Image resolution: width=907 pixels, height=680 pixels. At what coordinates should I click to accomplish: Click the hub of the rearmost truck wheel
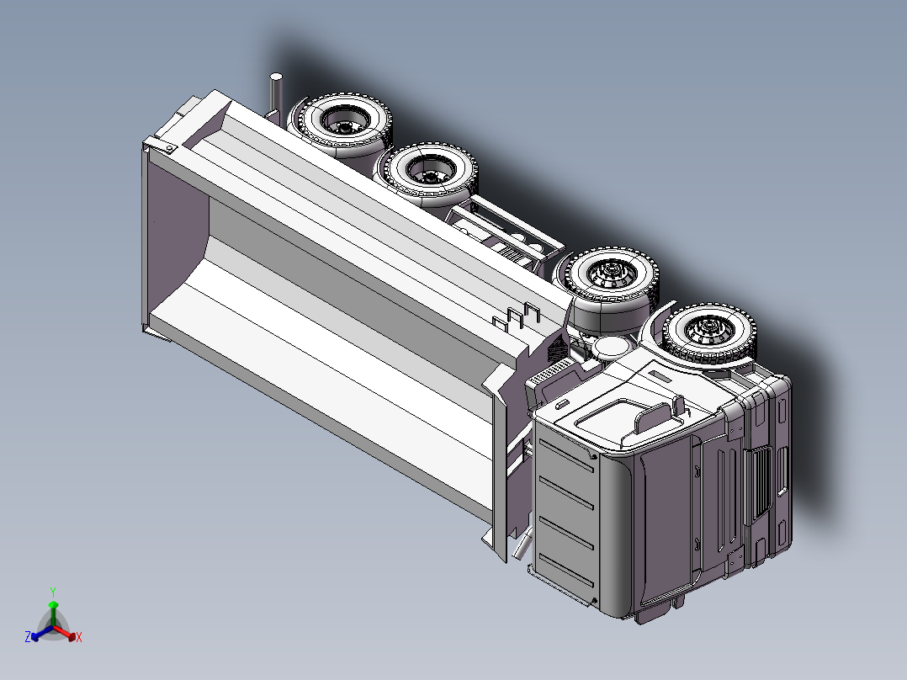coord(345,125)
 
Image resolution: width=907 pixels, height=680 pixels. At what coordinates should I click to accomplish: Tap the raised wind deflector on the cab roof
coord(656,416)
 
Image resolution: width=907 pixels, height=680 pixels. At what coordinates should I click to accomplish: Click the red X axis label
coord(79,638)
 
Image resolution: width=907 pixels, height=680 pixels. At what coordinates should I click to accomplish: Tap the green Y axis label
coord(53,591)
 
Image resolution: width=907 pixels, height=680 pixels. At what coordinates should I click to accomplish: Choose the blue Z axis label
coord(28,637)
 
